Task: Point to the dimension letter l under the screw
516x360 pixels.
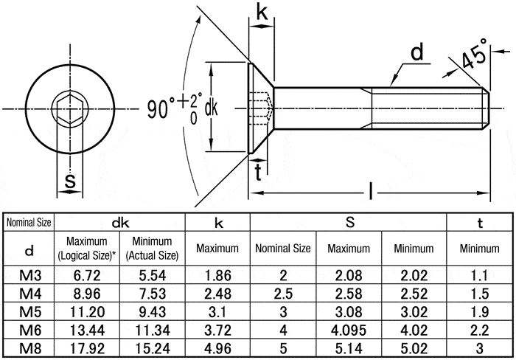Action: pos(370,194)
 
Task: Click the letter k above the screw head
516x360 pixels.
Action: pos(262,12)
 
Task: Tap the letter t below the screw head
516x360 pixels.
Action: pos(258,173)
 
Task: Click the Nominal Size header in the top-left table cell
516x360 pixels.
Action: pos(29,222)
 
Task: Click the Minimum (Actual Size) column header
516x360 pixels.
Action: pos(152,249)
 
